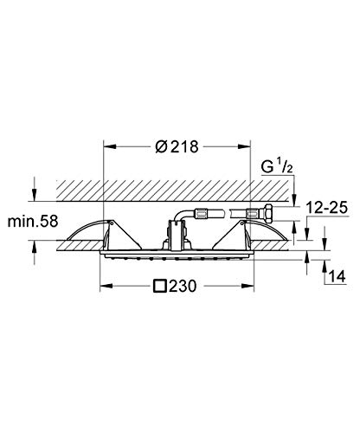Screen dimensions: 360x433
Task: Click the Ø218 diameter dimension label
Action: (177, 146)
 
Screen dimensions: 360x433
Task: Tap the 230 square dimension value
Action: (183, 286)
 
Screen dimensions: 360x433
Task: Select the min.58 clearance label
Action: (33, 222)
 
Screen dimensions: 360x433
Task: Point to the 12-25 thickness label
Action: (326, 208)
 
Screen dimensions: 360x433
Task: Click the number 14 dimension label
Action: (337, 276)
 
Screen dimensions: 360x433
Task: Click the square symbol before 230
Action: (160, 286)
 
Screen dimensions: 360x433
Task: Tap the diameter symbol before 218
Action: (161, 146)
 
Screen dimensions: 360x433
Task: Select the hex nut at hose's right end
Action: (267, 212)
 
